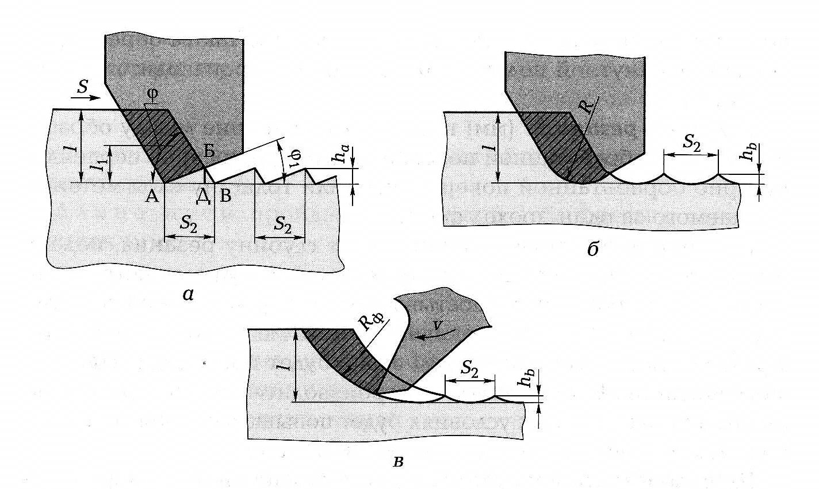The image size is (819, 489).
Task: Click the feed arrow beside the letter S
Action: [86, 98]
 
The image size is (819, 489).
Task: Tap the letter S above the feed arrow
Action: [82, 87]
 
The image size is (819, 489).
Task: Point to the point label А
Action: [152, 197]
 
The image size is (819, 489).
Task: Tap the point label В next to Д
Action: [225, 197]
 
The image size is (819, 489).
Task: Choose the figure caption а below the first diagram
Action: [187, 295]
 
